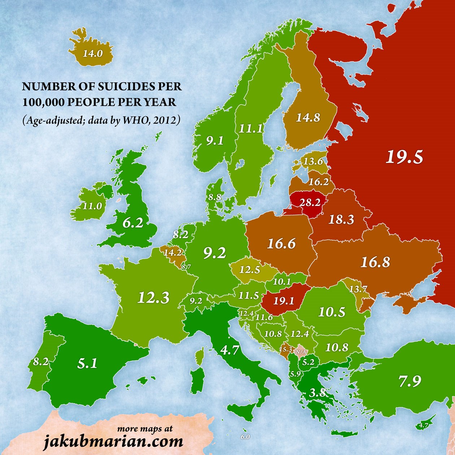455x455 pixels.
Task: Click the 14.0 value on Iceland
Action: [93, 54]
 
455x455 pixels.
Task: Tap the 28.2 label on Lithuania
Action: [310, 202]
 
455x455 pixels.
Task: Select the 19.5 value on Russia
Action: [404, 157]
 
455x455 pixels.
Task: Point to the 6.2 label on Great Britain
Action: [133, 223]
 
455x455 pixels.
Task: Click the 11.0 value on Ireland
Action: [92, 206]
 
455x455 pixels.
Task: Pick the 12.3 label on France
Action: [153, 298]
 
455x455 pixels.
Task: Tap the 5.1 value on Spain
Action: [88, 363]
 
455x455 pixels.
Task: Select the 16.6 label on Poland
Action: [281, 244]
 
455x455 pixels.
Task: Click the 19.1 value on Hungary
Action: [283, 301]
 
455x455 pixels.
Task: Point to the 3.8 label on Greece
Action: [317, 393]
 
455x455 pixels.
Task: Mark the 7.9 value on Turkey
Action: [410, 381]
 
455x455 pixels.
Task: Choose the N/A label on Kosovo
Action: [301, 351]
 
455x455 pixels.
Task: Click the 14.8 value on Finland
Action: [308, 117]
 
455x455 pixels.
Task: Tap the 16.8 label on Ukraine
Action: [375, 262]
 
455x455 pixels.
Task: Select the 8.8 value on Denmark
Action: [214, 198]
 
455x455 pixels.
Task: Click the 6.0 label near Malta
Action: [245, 437]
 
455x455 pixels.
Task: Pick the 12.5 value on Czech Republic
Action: [250, 270]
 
